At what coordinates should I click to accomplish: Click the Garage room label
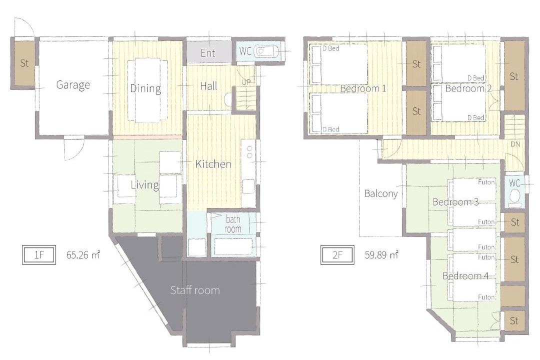pyautogui.click(x=73, y=84)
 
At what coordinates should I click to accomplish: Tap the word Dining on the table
pyautogui.click(x=145, y=88)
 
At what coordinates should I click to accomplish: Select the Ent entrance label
pyautogui.click(x=208, y=53)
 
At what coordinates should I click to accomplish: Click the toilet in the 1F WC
pyautogui.click(x=265, y=51)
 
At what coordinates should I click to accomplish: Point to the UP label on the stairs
pyautogui.click(x=246, y=82)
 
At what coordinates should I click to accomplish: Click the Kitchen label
pyautogui.click(x=213, y=164)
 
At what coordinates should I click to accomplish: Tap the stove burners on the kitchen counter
pyautogui.click(x=249, y=152)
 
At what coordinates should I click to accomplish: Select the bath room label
pyautogui.click(x=233, y=224)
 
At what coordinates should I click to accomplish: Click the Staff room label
pyautogui.click(x=195, y=290)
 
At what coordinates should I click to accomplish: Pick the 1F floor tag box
pyautogui.click(x=39, y=255)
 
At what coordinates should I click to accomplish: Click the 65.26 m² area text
pyautogui.click(x=83, y=255)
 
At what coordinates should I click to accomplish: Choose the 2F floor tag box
pyautogui.click(x=337, y=255)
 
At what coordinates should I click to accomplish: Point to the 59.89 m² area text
pyautogui.click(x=381, y=255)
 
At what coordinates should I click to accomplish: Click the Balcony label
pyautogui.click(x=381, y=193)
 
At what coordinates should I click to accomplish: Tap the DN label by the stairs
pyautogui.click(x=515, y=144)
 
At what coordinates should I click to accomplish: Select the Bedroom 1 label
pyautogui.click(x=363, y=88)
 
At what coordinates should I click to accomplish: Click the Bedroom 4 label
pyautogui.click(x=465, y=276)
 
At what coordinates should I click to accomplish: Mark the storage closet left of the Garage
pyautogui.click(x=24, y=63)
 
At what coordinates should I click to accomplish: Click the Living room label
pyautogui.click(x=145, y=185)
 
